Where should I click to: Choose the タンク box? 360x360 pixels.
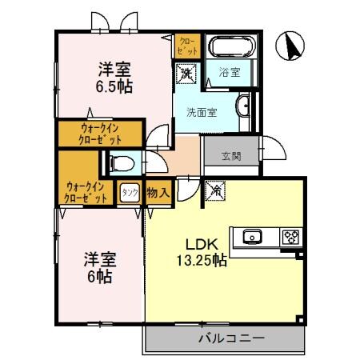click(x=128, y=192)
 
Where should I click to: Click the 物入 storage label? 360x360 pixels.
click(x=158, y=192)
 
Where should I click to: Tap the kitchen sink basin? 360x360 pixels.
click(x=252, y=236)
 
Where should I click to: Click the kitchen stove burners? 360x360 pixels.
click(x=289, y=236)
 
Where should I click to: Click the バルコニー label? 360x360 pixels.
click(x=231, y=338)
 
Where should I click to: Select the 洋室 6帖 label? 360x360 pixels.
click(x=101, y=268)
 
